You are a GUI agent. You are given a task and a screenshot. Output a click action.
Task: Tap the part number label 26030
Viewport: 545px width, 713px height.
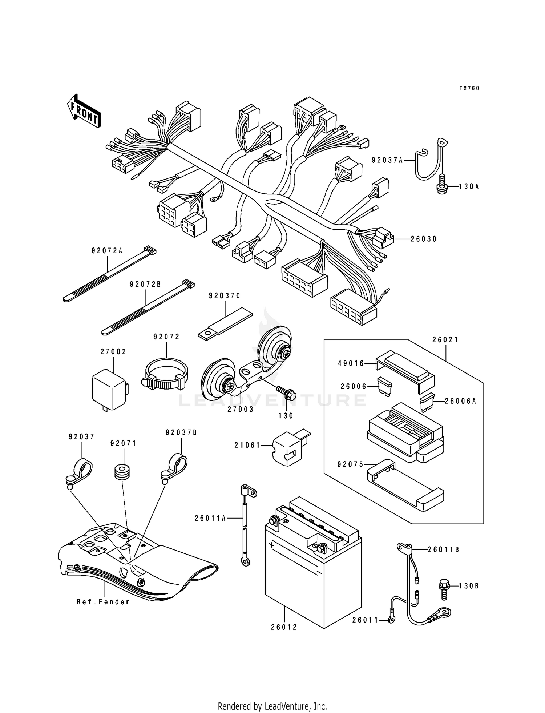(x=424, y=239)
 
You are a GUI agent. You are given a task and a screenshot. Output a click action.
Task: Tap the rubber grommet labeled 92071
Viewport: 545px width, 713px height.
(x=121, y=471)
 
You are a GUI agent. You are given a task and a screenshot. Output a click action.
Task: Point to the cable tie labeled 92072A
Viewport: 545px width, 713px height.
(x=109, y=275)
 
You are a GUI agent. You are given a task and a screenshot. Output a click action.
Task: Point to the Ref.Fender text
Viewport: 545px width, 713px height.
(x=103, y=602)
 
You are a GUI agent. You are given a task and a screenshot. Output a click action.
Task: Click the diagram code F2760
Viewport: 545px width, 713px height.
(x=469, y=88)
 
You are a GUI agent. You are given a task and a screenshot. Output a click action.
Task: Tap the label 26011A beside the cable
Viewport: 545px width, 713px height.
(x=210, y=518)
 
